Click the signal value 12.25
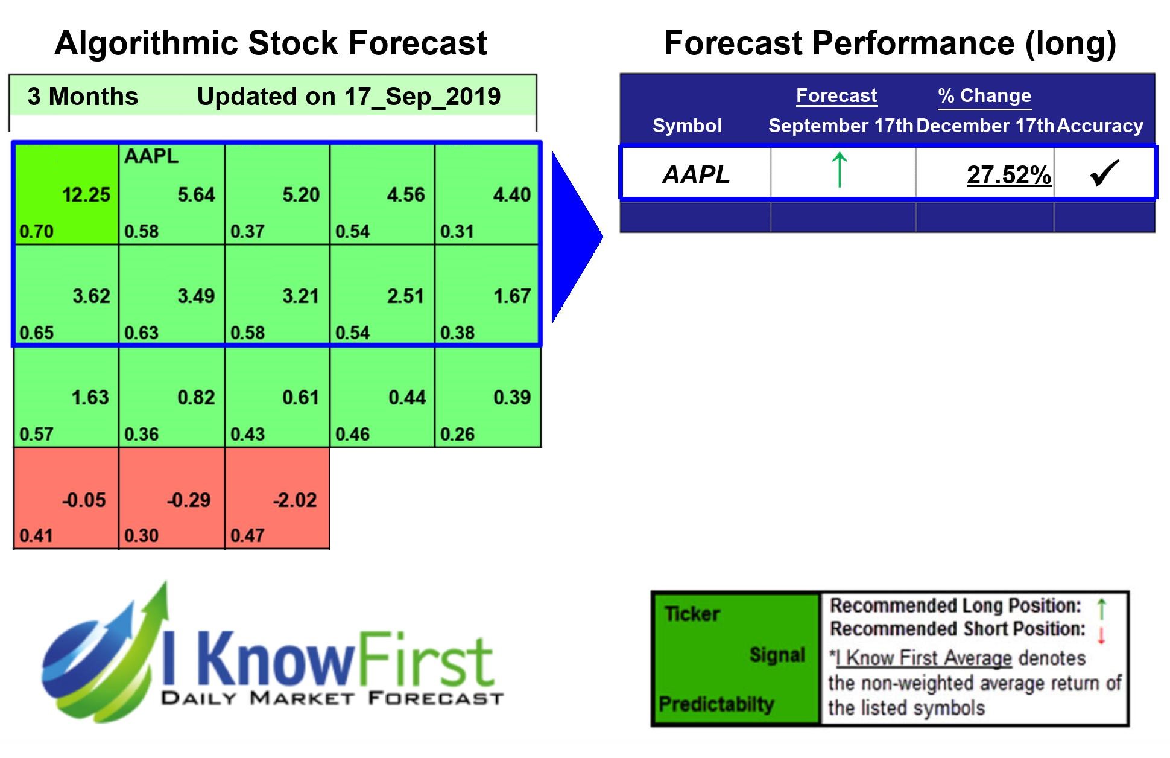[86, 195]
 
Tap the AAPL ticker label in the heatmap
[151, 156]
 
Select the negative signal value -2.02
[294, 500]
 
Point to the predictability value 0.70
[36, 231]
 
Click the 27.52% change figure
[1008, 175]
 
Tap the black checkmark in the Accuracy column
[1104, 173]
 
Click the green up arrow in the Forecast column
[840, 170]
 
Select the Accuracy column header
[1100, 126]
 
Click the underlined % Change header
[985, 95]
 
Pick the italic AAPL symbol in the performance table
[696, 175]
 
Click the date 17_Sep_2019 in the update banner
[422, 97]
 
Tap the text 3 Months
[83, 97]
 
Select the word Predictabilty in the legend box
[716, 704]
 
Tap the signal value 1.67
[511, 296]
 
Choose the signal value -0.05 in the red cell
[84, 500]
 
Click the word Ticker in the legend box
[692, 614]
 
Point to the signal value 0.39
[511, 398]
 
